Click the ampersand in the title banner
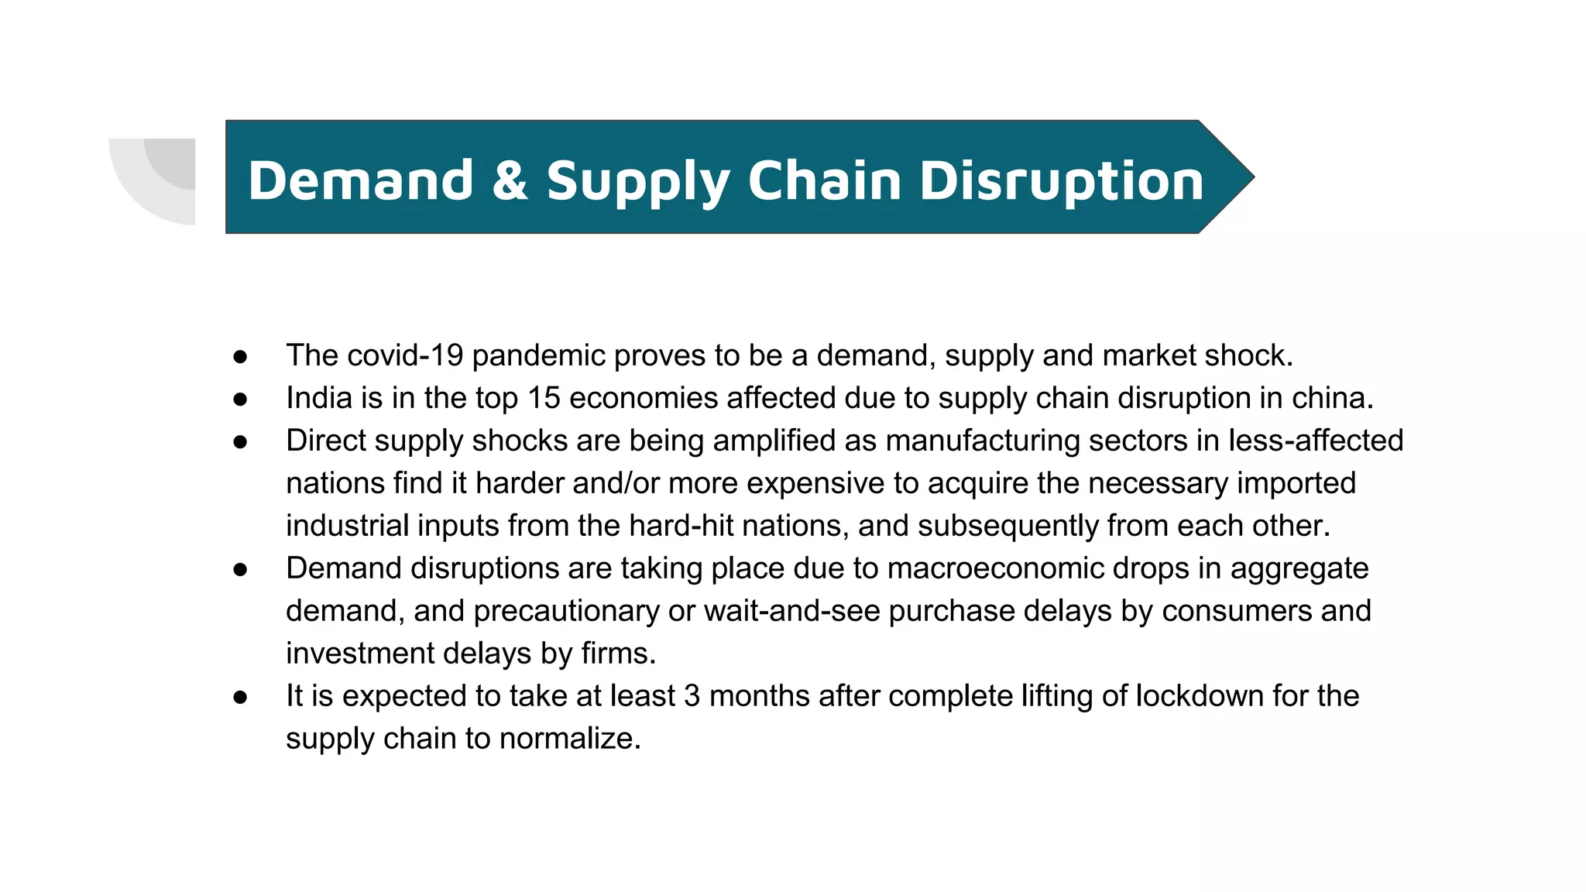(x=510, y=181)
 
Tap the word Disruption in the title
(x=1061, y=181)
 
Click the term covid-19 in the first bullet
(x=405, y=355)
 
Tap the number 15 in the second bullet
(x=544, y=398)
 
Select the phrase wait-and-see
(x=791, y=611)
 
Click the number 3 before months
(x=692, y=696)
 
